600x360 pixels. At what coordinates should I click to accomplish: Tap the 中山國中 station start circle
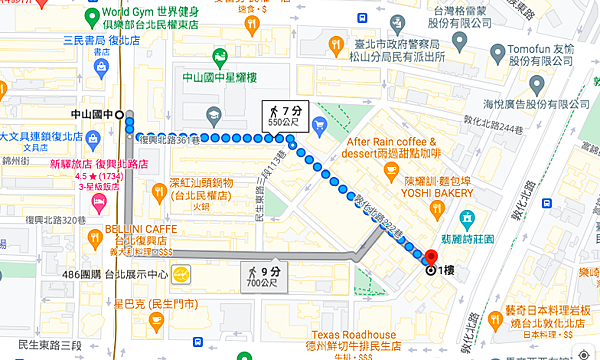tap(120, 115)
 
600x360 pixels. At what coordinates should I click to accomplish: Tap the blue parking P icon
tap(319, 125)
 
